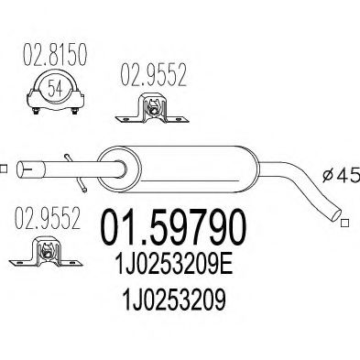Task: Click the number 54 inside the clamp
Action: (x=54, y=90)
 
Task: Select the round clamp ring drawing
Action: (x=54, y=93)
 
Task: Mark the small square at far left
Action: (x=3, y=168)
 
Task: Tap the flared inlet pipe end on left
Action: (x=32, y=169)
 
